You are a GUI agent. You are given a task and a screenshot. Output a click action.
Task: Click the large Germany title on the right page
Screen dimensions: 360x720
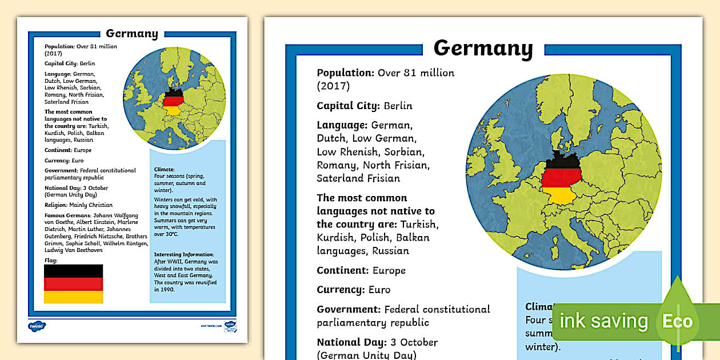pos(483,49)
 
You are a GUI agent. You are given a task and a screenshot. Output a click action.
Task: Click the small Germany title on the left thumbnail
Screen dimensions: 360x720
pos(132,34)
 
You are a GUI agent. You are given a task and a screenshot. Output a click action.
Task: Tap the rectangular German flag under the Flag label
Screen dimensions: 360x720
pos(73,283)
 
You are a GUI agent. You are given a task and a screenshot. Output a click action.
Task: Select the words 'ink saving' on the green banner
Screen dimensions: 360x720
pos(603,321)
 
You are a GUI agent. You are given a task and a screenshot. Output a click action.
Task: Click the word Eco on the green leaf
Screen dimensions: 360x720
pos(677,321)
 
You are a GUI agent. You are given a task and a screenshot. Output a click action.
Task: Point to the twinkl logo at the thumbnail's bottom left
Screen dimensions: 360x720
pos(37,326)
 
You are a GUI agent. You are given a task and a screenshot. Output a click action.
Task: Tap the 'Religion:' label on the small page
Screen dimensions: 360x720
pos(56,205)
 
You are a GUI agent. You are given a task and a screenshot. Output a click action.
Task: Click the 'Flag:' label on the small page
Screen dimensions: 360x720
pos(51,261)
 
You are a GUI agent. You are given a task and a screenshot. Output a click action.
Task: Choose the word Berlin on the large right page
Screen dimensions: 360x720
pos(398,106)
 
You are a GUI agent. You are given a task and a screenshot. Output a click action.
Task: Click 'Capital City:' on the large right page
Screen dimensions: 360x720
pos(348,106)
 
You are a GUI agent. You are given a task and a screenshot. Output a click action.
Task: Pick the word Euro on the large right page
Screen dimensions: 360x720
pos(380,290)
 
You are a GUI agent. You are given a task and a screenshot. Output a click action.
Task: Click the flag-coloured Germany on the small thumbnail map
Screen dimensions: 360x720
pos(172,101)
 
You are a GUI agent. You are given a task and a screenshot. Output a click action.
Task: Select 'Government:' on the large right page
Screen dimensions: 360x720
pos(349,310)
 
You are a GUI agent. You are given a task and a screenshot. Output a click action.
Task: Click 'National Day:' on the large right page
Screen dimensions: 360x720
pos(349,343)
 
